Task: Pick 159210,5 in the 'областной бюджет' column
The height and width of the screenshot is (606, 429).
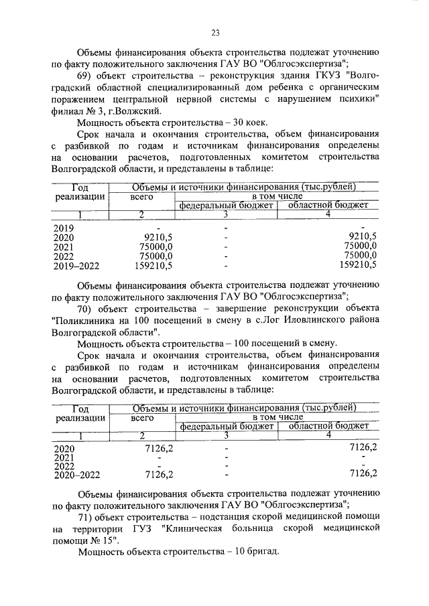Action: (x=356, y=265)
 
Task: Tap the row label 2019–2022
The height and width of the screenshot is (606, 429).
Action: (x=76, y=265)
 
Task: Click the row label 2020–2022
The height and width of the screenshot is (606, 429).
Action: (x=76, y=475)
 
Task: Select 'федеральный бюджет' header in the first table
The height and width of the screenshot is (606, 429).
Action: (x=227, y=205)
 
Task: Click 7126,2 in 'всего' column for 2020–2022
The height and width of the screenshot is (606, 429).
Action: (x=160, y=475)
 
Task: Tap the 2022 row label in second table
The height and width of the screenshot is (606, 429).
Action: (x=64, y=466)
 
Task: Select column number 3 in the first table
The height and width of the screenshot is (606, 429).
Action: (x=226, y=214)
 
